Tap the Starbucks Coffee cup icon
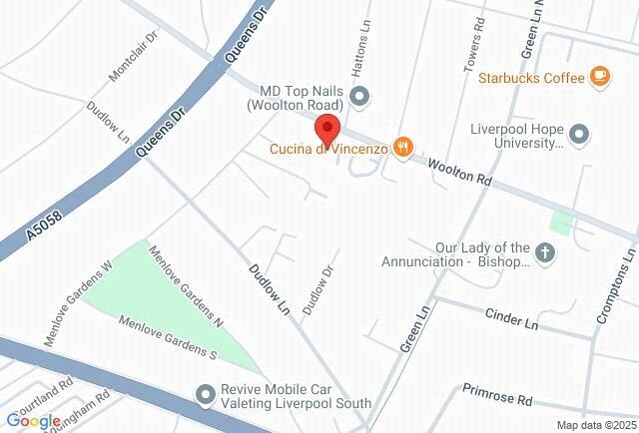[x=599, y=76]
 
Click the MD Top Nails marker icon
[x=360, y=96]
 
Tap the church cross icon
[x=545, y=252]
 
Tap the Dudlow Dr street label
[x=318, y=290]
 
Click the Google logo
[x=33, y=421]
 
